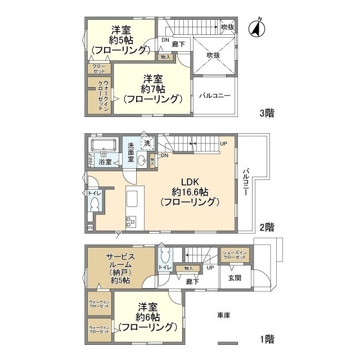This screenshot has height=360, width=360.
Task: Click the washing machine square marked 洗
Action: point(147,143)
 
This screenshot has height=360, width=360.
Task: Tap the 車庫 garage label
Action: point(224,315)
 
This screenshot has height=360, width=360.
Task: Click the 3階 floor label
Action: point(266,113)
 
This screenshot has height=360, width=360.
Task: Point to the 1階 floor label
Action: point(266,339)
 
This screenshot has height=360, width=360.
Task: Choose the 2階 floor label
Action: point(266,228)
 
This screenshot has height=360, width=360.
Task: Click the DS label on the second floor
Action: point(90,227)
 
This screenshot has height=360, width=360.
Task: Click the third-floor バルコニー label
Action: point(214,96)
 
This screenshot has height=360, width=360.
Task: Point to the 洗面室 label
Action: point(130,152)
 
